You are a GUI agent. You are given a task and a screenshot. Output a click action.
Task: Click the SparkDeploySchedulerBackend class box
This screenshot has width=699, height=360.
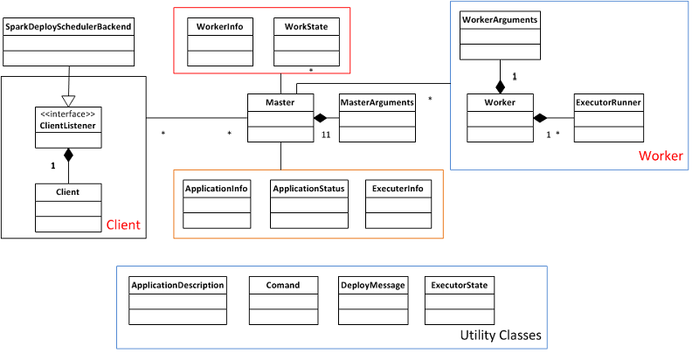68,43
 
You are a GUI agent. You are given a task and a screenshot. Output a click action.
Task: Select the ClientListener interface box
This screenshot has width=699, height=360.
68,128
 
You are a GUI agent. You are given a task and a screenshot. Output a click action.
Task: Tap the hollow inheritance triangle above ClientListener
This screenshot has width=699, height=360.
68,100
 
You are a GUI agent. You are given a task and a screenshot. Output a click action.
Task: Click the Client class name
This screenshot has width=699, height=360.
68,190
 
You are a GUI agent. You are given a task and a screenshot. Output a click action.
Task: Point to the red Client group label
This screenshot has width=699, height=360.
122,225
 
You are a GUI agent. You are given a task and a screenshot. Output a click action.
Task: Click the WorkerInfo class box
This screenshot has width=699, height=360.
221,43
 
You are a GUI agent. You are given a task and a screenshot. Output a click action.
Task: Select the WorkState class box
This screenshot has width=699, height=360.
306,43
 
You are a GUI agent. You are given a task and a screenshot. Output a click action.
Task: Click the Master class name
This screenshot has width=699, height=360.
280,102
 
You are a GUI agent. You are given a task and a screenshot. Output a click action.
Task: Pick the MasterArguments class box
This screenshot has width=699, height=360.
376,118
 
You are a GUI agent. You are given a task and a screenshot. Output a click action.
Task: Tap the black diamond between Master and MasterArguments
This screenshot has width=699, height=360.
321,118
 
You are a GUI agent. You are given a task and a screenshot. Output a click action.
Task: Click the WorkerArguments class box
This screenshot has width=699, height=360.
500,35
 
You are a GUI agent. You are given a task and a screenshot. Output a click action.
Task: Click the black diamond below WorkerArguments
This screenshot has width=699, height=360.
500,87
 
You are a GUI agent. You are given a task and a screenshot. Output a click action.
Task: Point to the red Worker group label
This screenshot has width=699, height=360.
661,156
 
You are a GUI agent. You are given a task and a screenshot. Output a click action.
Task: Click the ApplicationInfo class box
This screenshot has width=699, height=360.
216,204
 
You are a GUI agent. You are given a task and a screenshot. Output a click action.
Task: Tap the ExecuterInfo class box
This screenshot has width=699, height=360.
398,204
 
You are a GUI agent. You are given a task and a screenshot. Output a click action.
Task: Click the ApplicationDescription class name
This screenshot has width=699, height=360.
178,285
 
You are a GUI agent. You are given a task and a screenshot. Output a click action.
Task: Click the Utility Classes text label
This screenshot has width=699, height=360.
501,336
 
